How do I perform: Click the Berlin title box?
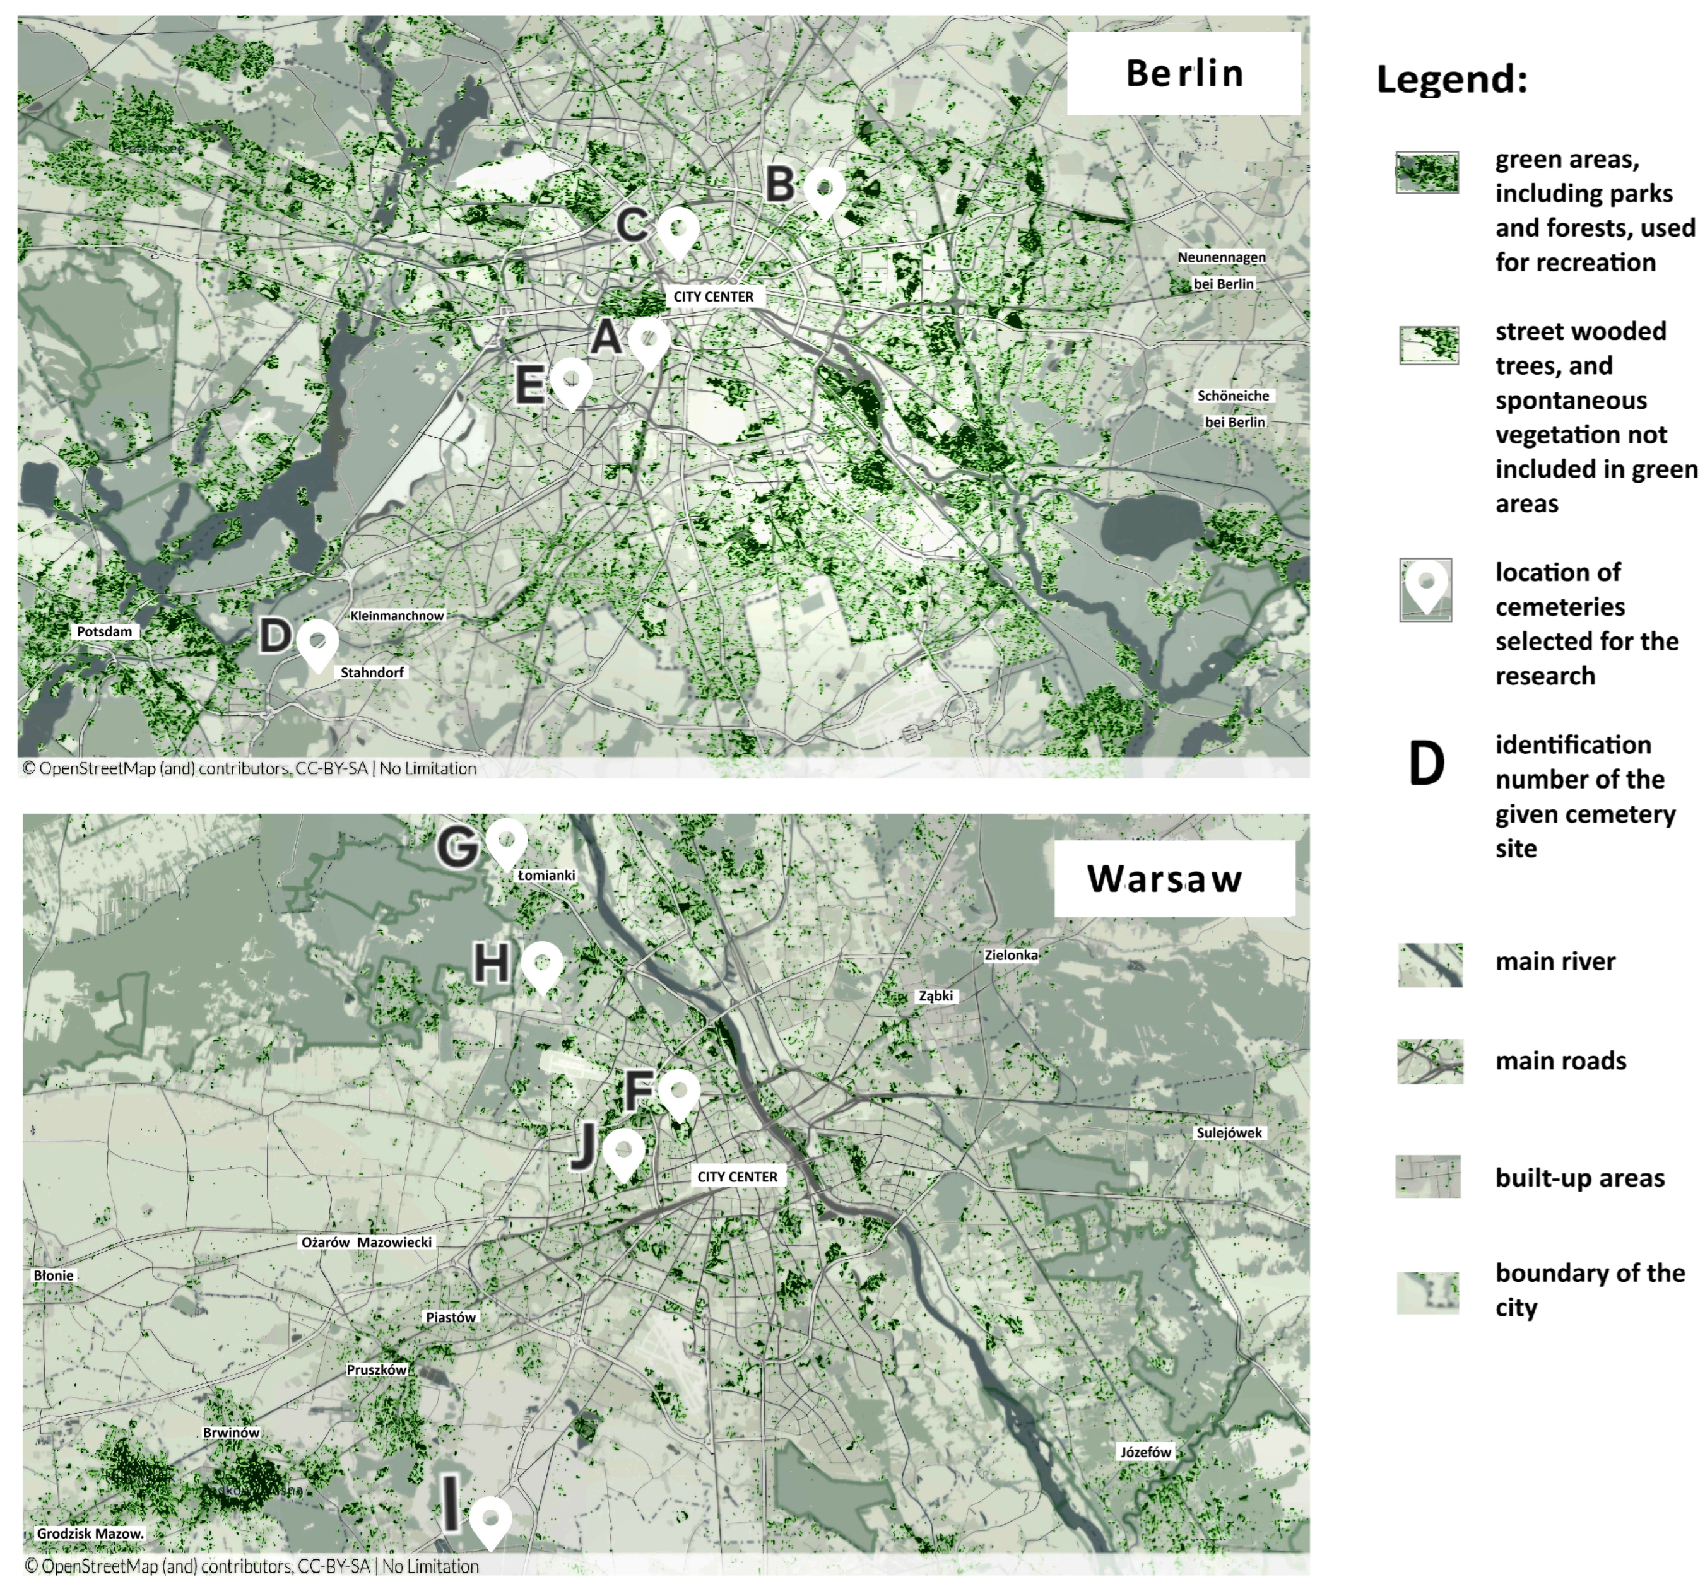[x=1184, y=74]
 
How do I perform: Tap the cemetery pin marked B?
[x=824, y=189]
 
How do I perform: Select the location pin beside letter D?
[x=317, y=643]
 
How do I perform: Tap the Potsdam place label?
[x=105, y=631]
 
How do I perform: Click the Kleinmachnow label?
[x=397, y=616]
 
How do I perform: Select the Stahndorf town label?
[x=372, y=672]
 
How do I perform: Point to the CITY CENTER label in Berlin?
[x=714, y=296]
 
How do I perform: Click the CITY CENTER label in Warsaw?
[x=738, y=1176]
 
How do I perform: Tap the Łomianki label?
[x=546, y=875]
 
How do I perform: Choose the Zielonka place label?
[x=1011, y=954]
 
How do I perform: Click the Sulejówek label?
[x=1230, y=1133]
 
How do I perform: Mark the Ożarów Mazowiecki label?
[x=366, y=1241]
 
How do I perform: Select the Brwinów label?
[x=231, y=1432]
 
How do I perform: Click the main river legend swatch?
[x=1430, y=965]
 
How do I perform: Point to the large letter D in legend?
[x=1426, y=763]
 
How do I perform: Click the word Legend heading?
[x=1451, y=79]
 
